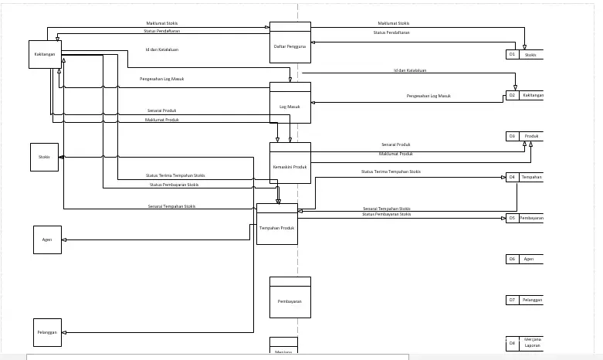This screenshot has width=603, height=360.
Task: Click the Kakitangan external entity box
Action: [x=43, y=54]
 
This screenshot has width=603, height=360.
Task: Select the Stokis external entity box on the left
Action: [x=44, y=157]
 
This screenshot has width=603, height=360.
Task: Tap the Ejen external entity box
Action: [x=46, y=239]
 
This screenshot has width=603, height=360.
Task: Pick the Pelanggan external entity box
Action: [x=46, y=332]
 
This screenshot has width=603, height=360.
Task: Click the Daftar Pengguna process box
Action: [x=290, y=46]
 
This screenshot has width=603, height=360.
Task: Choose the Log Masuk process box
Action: [x=290, y=106]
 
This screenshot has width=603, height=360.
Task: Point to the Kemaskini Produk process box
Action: [x=290, y=166]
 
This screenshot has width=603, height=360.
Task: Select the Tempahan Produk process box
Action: [x=276, y=227]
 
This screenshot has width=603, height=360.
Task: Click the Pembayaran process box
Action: [x=290, y=301]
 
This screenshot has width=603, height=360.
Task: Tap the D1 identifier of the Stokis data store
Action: [x=512, y=55]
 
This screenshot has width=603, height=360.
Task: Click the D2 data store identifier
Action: [x=512, y=95]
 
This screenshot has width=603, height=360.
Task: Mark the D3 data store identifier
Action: [x=512, y=136]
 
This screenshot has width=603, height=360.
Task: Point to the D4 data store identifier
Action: [x=512, y=177]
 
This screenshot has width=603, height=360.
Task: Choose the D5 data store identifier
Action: [x=512, y=218]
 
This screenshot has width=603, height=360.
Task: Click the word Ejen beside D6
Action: [x=529, y=259]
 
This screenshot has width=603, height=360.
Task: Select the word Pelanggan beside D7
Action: [x=532, y=299]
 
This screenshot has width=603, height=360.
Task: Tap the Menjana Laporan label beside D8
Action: [x=532, y=342]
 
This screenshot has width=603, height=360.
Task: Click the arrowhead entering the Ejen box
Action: [x=65, y=239]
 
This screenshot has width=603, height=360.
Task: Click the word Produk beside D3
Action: [x=531, y=136]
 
